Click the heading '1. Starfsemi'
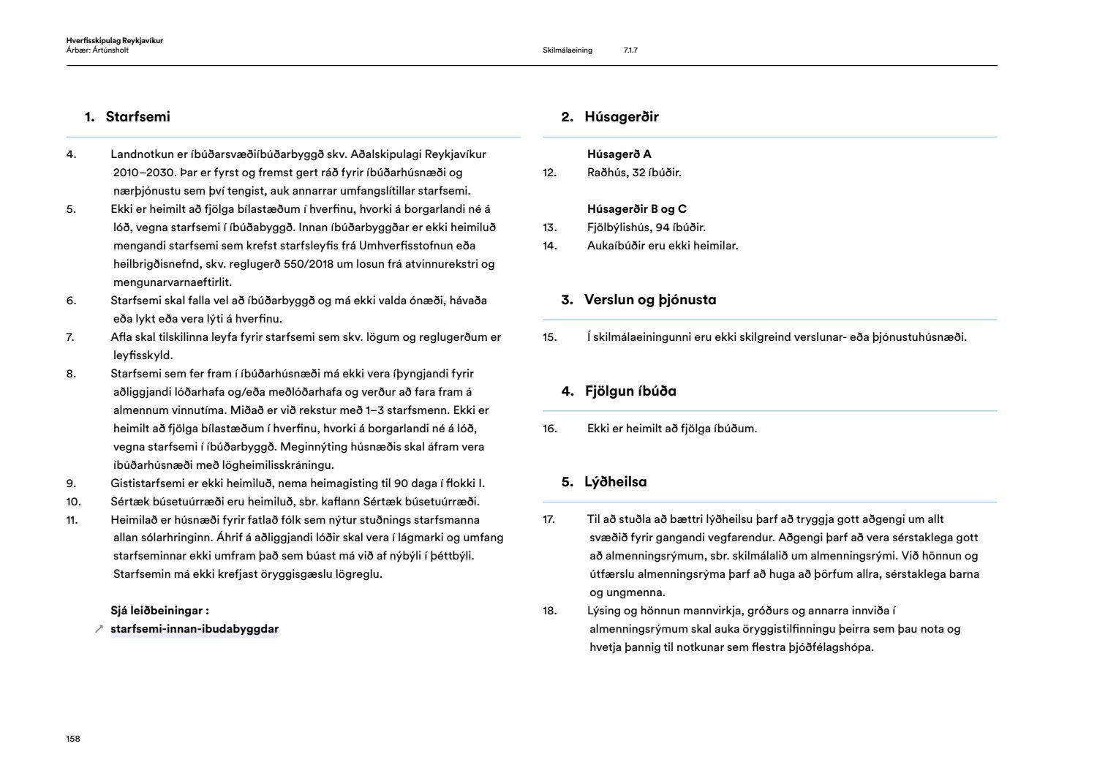click(128, 117)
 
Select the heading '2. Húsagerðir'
click(610, 117)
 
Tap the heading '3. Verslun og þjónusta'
click(638, 300)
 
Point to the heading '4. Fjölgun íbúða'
click(619, 391)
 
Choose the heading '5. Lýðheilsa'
click(604, 482)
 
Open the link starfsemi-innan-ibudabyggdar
click(195, 629)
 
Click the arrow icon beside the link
click(99, 629)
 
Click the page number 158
click(73, 739)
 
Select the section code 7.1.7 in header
click(630, 50)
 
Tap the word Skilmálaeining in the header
click(568, 50)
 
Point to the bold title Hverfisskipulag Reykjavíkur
click(114, 41)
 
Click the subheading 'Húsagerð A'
click(619, 154)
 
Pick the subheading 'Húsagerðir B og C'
click(636, 209)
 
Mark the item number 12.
click(550, 173)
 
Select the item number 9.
click(71, 483)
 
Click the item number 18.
click(550, 611)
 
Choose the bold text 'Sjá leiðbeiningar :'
click(159, 611)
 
